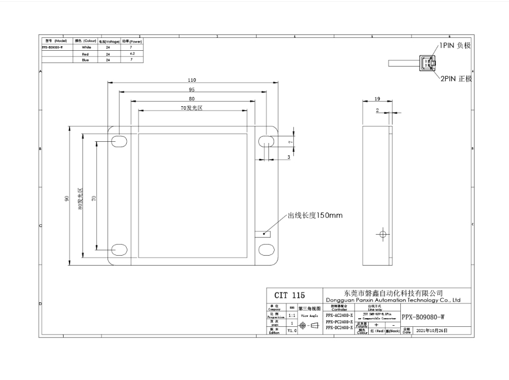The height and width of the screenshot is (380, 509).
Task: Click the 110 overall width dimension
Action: point(192,80)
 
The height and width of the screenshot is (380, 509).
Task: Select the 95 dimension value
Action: point(192,90)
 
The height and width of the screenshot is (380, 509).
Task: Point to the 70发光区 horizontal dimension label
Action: point(192,108)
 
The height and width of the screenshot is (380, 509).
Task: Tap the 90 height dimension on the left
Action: point(67,199)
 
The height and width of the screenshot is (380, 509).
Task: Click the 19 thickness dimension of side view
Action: point(378,99)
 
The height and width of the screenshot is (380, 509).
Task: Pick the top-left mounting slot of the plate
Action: point(119,141)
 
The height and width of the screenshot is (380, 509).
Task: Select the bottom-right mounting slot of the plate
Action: point(266,249)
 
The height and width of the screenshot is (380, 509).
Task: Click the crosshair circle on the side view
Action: point(383,235)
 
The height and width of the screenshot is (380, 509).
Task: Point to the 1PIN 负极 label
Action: point(455,44)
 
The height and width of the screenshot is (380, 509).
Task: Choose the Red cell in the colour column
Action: point(86,53)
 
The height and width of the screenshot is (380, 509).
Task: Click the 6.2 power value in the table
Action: point(132,53)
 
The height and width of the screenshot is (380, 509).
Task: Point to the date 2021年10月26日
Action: point(432,330)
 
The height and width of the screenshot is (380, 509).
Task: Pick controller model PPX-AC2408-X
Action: point(339,315)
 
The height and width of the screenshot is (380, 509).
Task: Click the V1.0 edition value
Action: point(293,330)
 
